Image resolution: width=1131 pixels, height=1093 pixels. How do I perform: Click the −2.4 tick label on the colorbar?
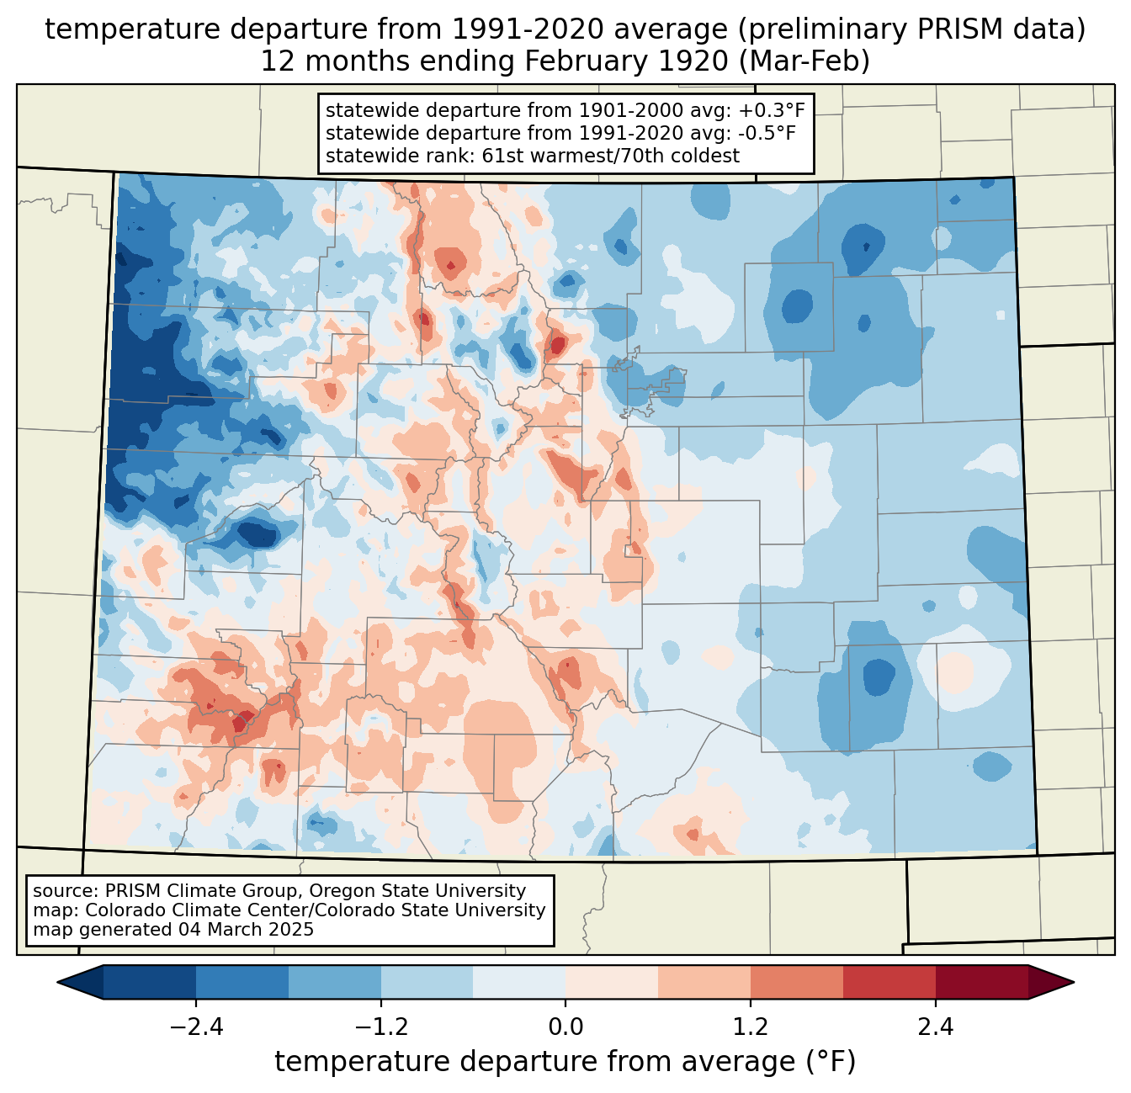195,1027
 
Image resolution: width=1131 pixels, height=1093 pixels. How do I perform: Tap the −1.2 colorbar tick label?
380,1027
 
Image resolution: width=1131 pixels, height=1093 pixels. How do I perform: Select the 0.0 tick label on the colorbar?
565,1027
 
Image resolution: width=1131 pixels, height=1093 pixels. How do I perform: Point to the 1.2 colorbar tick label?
751,1027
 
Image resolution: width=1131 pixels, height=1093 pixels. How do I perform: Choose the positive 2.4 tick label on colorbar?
935,1027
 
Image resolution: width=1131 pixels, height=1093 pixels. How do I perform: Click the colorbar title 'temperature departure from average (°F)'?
565,1062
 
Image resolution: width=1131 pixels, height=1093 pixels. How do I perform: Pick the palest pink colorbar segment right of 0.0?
612,982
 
